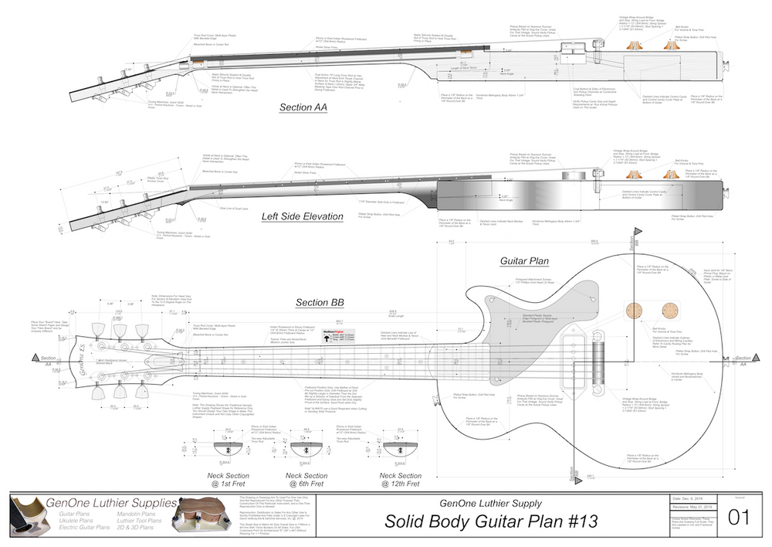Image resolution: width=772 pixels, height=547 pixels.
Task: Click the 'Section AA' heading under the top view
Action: click(304, 107)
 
